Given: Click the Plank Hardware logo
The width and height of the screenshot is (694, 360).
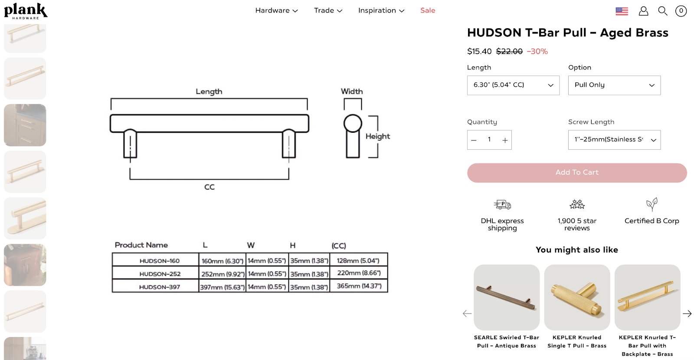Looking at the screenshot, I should coord(26,11).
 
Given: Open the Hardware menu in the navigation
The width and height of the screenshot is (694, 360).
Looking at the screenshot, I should coord(276,10).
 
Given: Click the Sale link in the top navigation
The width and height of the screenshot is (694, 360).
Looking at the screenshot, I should coord(427,10).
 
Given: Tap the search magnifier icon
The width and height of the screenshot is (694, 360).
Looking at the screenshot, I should coord(662,11).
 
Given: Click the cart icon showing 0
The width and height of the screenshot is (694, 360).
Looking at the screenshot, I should coord(681,11).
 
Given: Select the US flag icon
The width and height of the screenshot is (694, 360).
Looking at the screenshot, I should coord(622,11).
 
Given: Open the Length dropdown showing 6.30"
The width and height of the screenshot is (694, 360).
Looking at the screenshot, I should coord(513,85).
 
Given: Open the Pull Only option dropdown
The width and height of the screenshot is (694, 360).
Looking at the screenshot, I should coord(614,85).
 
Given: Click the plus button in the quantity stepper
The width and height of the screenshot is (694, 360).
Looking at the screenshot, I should coord(505,140).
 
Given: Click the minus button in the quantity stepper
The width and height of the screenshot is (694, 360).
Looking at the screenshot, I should coord(474,140).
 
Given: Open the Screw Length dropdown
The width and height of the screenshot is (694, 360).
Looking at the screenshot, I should coord(614,140).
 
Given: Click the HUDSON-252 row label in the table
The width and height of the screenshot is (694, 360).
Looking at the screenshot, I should coord(160,274).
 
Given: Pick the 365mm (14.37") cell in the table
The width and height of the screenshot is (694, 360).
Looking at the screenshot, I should coord(359,286).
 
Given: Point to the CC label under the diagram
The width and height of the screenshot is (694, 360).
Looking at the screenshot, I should coord(210,187).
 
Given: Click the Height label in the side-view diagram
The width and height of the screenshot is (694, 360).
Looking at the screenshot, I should coord(377,136).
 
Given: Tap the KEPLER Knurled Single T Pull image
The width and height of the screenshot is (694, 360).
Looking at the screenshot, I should coord(577,298).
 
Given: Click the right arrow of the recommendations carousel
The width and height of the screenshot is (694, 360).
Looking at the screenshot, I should coord(687,313).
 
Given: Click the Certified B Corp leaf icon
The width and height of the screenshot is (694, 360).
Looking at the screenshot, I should coord(651,204).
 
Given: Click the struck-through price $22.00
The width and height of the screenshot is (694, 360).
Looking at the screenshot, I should coord(509,51).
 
